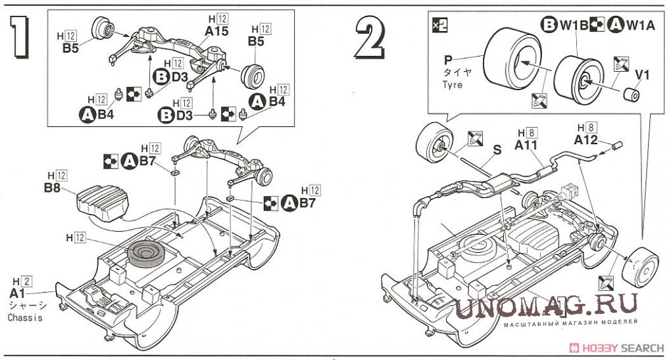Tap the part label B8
[53, 188]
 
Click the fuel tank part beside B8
[101, 201]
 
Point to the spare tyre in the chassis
[147, 253]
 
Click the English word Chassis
[25, 318]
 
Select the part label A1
[18, 293]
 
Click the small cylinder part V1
[633, 95]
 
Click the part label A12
[585, 140]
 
